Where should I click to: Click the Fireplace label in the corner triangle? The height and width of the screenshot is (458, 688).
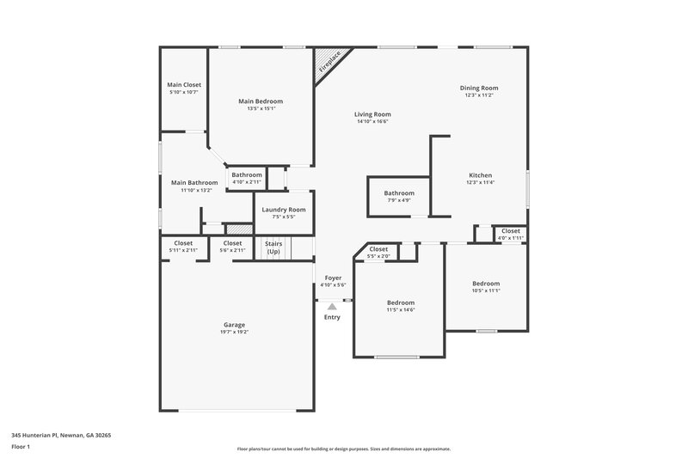pos(329,62)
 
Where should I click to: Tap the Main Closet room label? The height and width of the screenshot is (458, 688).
pos(183,85)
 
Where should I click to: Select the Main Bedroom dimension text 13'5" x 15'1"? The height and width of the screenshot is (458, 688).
pos(261,109)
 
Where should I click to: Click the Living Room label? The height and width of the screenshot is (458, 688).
pos(373,114)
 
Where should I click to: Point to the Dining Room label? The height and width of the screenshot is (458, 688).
pos(480,88)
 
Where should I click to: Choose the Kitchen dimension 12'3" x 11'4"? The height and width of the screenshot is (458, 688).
pos(480,182)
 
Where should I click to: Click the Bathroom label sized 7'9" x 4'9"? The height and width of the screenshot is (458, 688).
pos(399,193)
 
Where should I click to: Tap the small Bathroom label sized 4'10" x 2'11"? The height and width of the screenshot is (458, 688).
pos(246,182)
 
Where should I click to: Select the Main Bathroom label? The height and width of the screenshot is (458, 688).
pos(194,182)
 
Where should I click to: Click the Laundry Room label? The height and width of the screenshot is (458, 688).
pos(284,210)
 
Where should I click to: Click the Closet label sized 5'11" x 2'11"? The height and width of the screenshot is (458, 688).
pos(183,243)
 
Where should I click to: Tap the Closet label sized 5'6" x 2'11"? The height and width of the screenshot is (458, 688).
pos(232,243)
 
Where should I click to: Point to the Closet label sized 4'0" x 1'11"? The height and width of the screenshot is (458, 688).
pos(510,230)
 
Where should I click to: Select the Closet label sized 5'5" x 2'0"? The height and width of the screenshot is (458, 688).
pos(378,249)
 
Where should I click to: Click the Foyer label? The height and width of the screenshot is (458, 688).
pos(332,278)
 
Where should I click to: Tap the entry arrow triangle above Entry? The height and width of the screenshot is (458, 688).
pos(332,306)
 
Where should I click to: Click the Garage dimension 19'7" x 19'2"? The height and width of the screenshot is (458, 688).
pos(235,332)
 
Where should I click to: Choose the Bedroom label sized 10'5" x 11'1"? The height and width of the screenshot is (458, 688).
pos(486,284)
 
